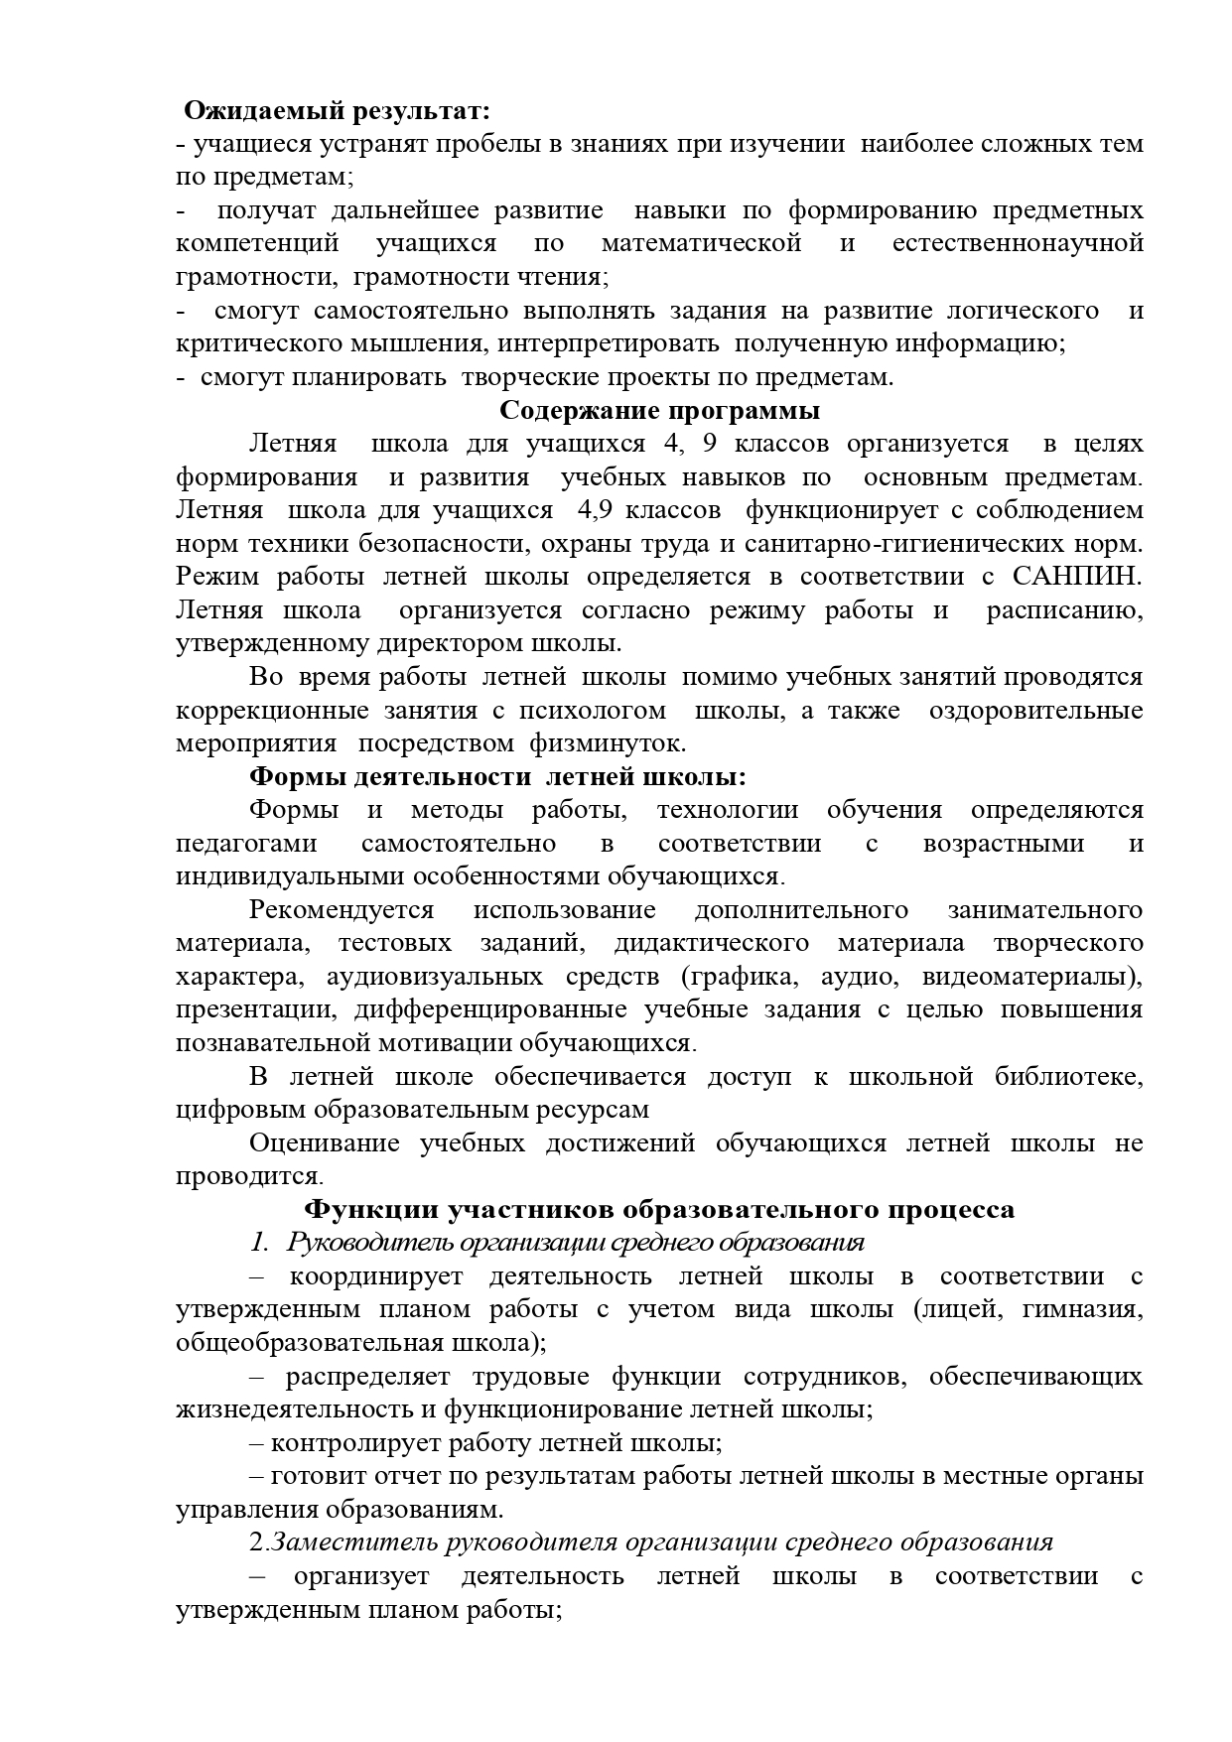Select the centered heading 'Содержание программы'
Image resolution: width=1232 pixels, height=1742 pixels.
(x=659, y=410)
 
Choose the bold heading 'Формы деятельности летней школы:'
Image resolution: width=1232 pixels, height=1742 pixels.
(x=497, y=776)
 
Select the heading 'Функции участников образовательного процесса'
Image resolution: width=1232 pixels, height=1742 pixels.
(x=658, y=1209)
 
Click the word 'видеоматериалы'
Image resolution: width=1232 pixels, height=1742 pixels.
(x=1030, y=977)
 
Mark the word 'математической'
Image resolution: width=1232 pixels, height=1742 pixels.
(x=701, y=243)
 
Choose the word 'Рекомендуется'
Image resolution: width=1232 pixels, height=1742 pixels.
(x=342, y=910)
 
